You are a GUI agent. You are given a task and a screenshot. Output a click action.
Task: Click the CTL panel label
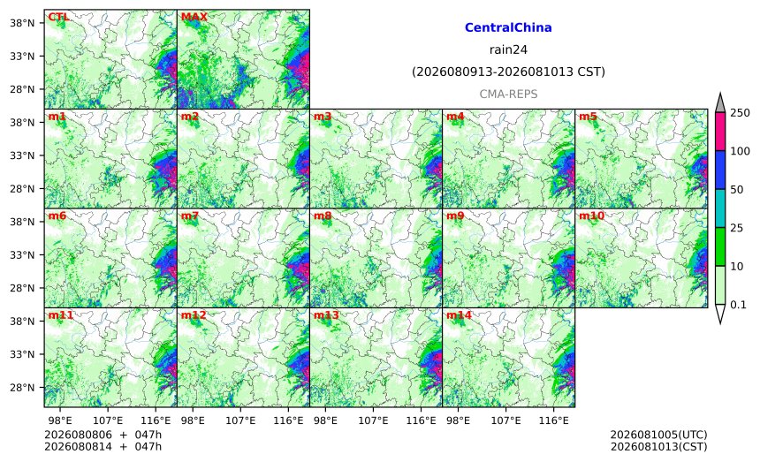tap(58, 17)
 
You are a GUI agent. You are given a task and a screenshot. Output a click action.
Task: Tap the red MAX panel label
tap(194, 17)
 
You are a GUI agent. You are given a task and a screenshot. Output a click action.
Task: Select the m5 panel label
tap(588, 117)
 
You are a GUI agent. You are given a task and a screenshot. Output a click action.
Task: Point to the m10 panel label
tap(592, 216)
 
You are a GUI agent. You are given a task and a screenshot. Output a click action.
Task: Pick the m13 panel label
tap(326, 315)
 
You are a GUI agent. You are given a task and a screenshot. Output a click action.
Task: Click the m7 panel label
tap(190, 216)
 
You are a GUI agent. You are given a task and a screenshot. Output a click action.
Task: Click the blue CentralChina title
tap(508, 27)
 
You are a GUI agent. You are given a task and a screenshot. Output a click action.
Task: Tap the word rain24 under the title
tap(508, 49)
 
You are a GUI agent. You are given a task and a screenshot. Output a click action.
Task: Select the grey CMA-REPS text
tap(508, 94)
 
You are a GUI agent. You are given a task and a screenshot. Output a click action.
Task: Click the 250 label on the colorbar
tap(741, 113)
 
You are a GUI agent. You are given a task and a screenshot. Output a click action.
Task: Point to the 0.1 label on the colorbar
tap(738, 305)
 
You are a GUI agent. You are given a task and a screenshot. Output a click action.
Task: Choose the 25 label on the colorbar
tap(737, 228)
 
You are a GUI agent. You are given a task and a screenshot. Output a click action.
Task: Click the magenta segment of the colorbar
tap(719, 132)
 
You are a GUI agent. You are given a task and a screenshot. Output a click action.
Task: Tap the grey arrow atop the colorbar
tap(719, 102)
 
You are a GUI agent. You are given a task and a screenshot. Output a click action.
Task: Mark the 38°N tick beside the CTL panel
tap(22, 23)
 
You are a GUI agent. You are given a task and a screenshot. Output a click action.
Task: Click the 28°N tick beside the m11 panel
tap(22, 388)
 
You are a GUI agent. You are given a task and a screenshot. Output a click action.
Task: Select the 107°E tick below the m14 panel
tap(506, 420)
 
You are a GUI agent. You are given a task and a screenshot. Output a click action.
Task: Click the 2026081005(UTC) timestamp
tap(658, 435)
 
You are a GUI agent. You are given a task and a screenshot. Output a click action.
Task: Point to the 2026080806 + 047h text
tap(103, 435)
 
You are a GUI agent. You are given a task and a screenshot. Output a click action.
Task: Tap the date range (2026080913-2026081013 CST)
tap(508, 72)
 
